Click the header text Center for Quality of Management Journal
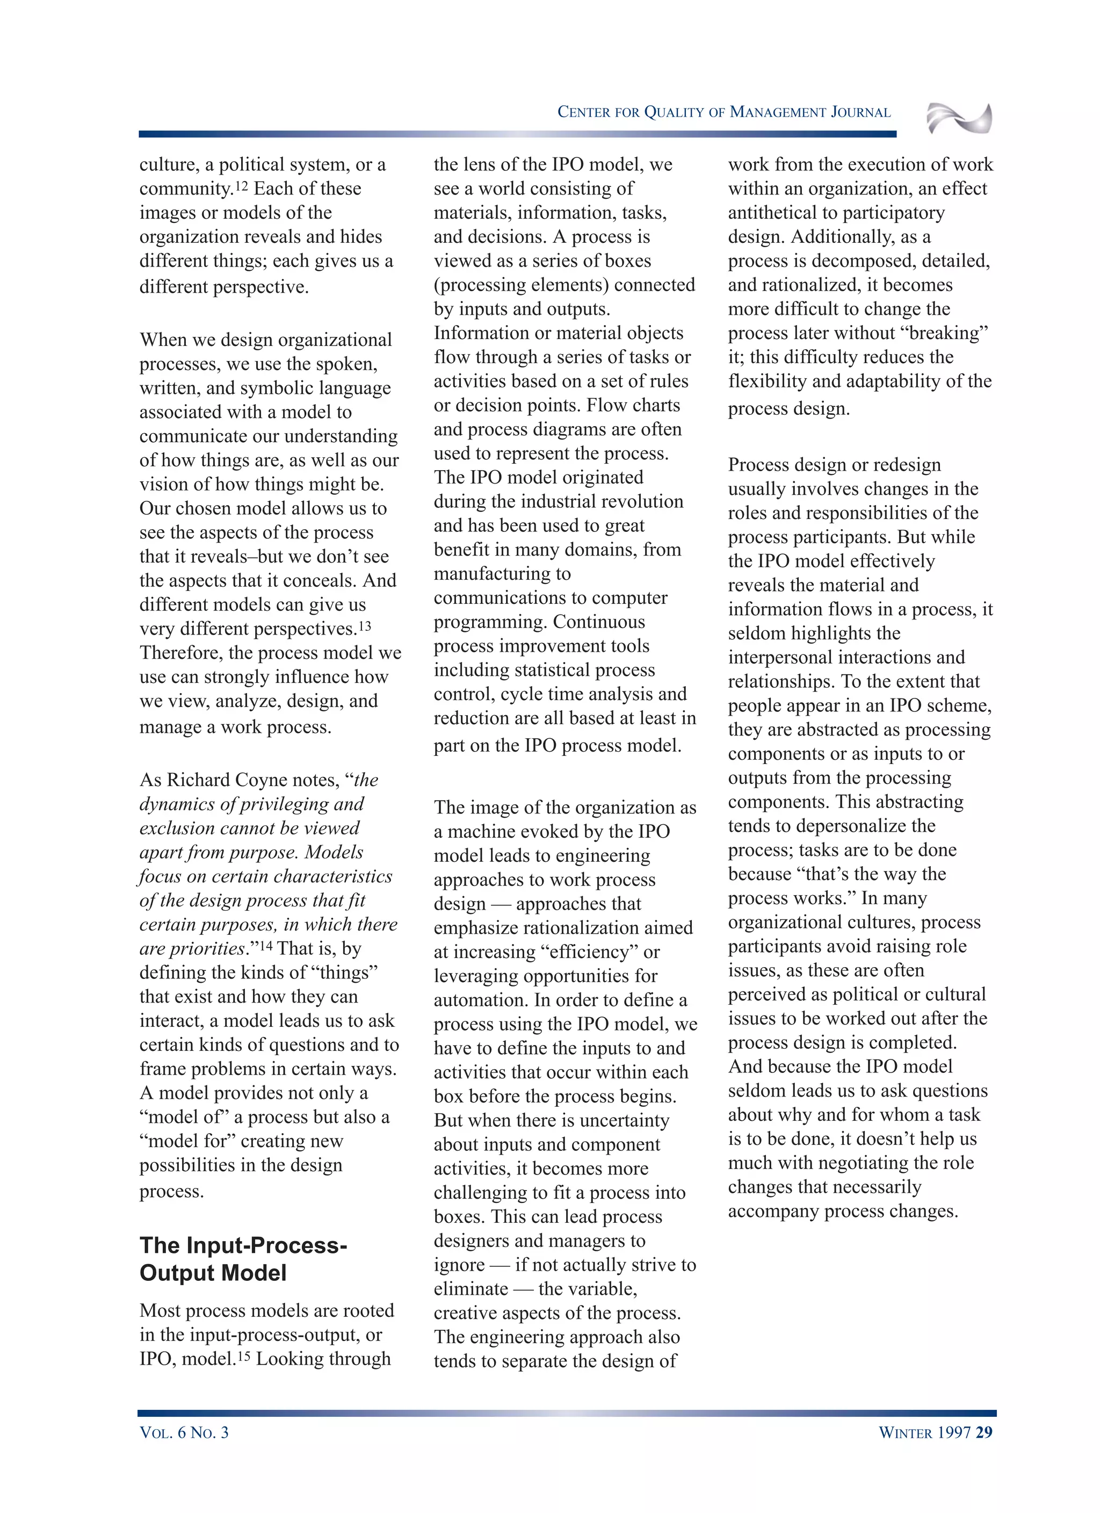724,112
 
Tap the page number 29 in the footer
984,1432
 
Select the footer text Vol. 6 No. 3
184,1432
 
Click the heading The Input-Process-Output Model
243,1259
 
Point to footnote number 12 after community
241,185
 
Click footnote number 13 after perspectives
364,626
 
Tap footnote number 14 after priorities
265,945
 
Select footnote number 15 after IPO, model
243,1356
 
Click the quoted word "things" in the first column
344,972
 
